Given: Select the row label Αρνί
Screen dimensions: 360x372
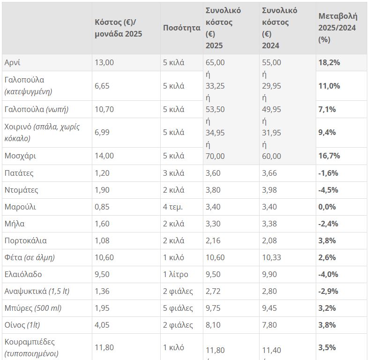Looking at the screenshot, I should [13, 63].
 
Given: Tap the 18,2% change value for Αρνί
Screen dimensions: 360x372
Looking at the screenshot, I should [329, 63].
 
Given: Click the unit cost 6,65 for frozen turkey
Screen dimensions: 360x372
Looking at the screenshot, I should [102, 86].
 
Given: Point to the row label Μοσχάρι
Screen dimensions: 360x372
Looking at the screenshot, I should [20, 156].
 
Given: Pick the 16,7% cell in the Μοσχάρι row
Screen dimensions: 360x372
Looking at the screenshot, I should [329, 156].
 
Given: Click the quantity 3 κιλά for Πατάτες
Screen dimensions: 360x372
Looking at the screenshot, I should [173, 173].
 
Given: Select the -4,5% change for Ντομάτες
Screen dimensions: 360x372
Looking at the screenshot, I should [329, 190].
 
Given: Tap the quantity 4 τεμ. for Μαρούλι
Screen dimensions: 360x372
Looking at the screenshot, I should [173, 207].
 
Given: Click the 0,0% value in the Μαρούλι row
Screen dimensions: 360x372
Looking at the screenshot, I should [327, 207].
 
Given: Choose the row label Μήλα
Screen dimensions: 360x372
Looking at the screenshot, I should [15, 224].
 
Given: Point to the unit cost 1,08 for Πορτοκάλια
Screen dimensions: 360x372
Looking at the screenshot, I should [102, 241].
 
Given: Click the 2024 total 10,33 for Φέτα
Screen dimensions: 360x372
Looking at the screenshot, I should [271, 258].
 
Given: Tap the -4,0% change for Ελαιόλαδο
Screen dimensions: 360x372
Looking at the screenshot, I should [329, 275].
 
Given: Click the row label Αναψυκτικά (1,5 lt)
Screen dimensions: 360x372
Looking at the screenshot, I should [37, 292].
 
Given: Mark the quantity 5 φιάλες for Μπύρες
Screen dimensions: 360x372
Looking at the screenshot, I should [178, 308].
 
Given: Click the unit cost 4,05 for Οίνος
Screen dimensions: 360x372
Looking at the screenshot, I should [102, 325].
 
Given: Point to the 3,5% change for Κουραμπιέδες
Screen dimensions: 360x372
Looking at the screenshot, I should [327, 348].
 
